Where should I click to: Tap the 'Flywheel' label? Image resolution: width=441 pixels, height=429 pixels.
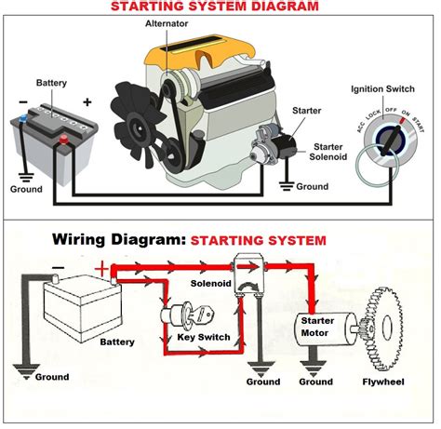tap(394, 382)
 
